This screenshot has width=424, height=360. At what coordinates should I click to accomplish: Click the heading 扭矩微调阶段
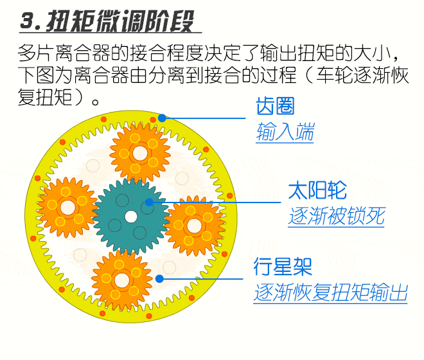[x=120, y=21]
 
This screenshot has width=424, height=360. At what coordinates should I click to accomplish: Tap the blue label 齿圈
[x=275, y=106]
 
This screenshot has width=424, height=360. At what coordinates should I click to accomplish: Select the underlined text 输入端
[x=285, y=131]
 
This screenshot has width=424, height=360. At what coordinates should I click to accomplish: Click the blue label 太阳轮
[x=317, y=190]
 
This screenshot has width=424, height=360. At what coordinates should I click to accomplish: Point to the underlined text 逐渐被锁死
[x=337, y=216]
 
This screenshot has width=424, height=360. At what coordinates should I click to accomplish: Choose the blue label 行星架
[x=283, y=266]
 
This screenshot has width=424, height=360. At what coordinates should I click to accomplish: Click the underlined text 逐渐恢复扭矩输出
[x=330, y=292]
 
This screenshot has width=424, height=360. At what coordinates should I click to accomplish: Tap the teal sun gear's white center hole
[x=131, y=217]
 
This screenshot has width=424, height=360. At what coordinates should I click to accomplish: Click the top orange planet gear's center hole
[x=140, y=154]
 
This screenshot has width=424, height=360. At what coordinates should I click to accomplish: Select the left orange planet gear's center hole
[x=68, y=208]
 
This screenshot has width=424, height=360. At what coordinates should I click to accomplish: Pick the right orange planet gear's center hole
[x=194, y=226]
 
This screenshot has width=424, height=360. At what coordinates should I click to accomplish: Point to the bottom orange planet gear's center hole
[x=121, y=280]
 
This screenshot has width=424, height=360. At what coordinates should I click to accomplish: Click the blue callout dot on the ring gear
[x=162, y=118]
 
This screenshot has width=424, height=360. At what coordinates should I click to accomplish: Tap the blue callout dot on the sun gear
[x=149, y=203]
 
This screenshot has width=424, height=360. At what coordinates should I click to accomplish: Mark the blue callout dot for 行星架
[x=159, y=278]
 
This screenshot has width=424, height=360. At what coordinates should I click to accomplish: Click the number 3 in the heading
[x=27, y=21]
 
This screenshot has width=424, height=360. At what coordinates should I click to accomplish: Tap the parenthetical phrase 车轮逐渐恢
[x=362, y=75]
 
